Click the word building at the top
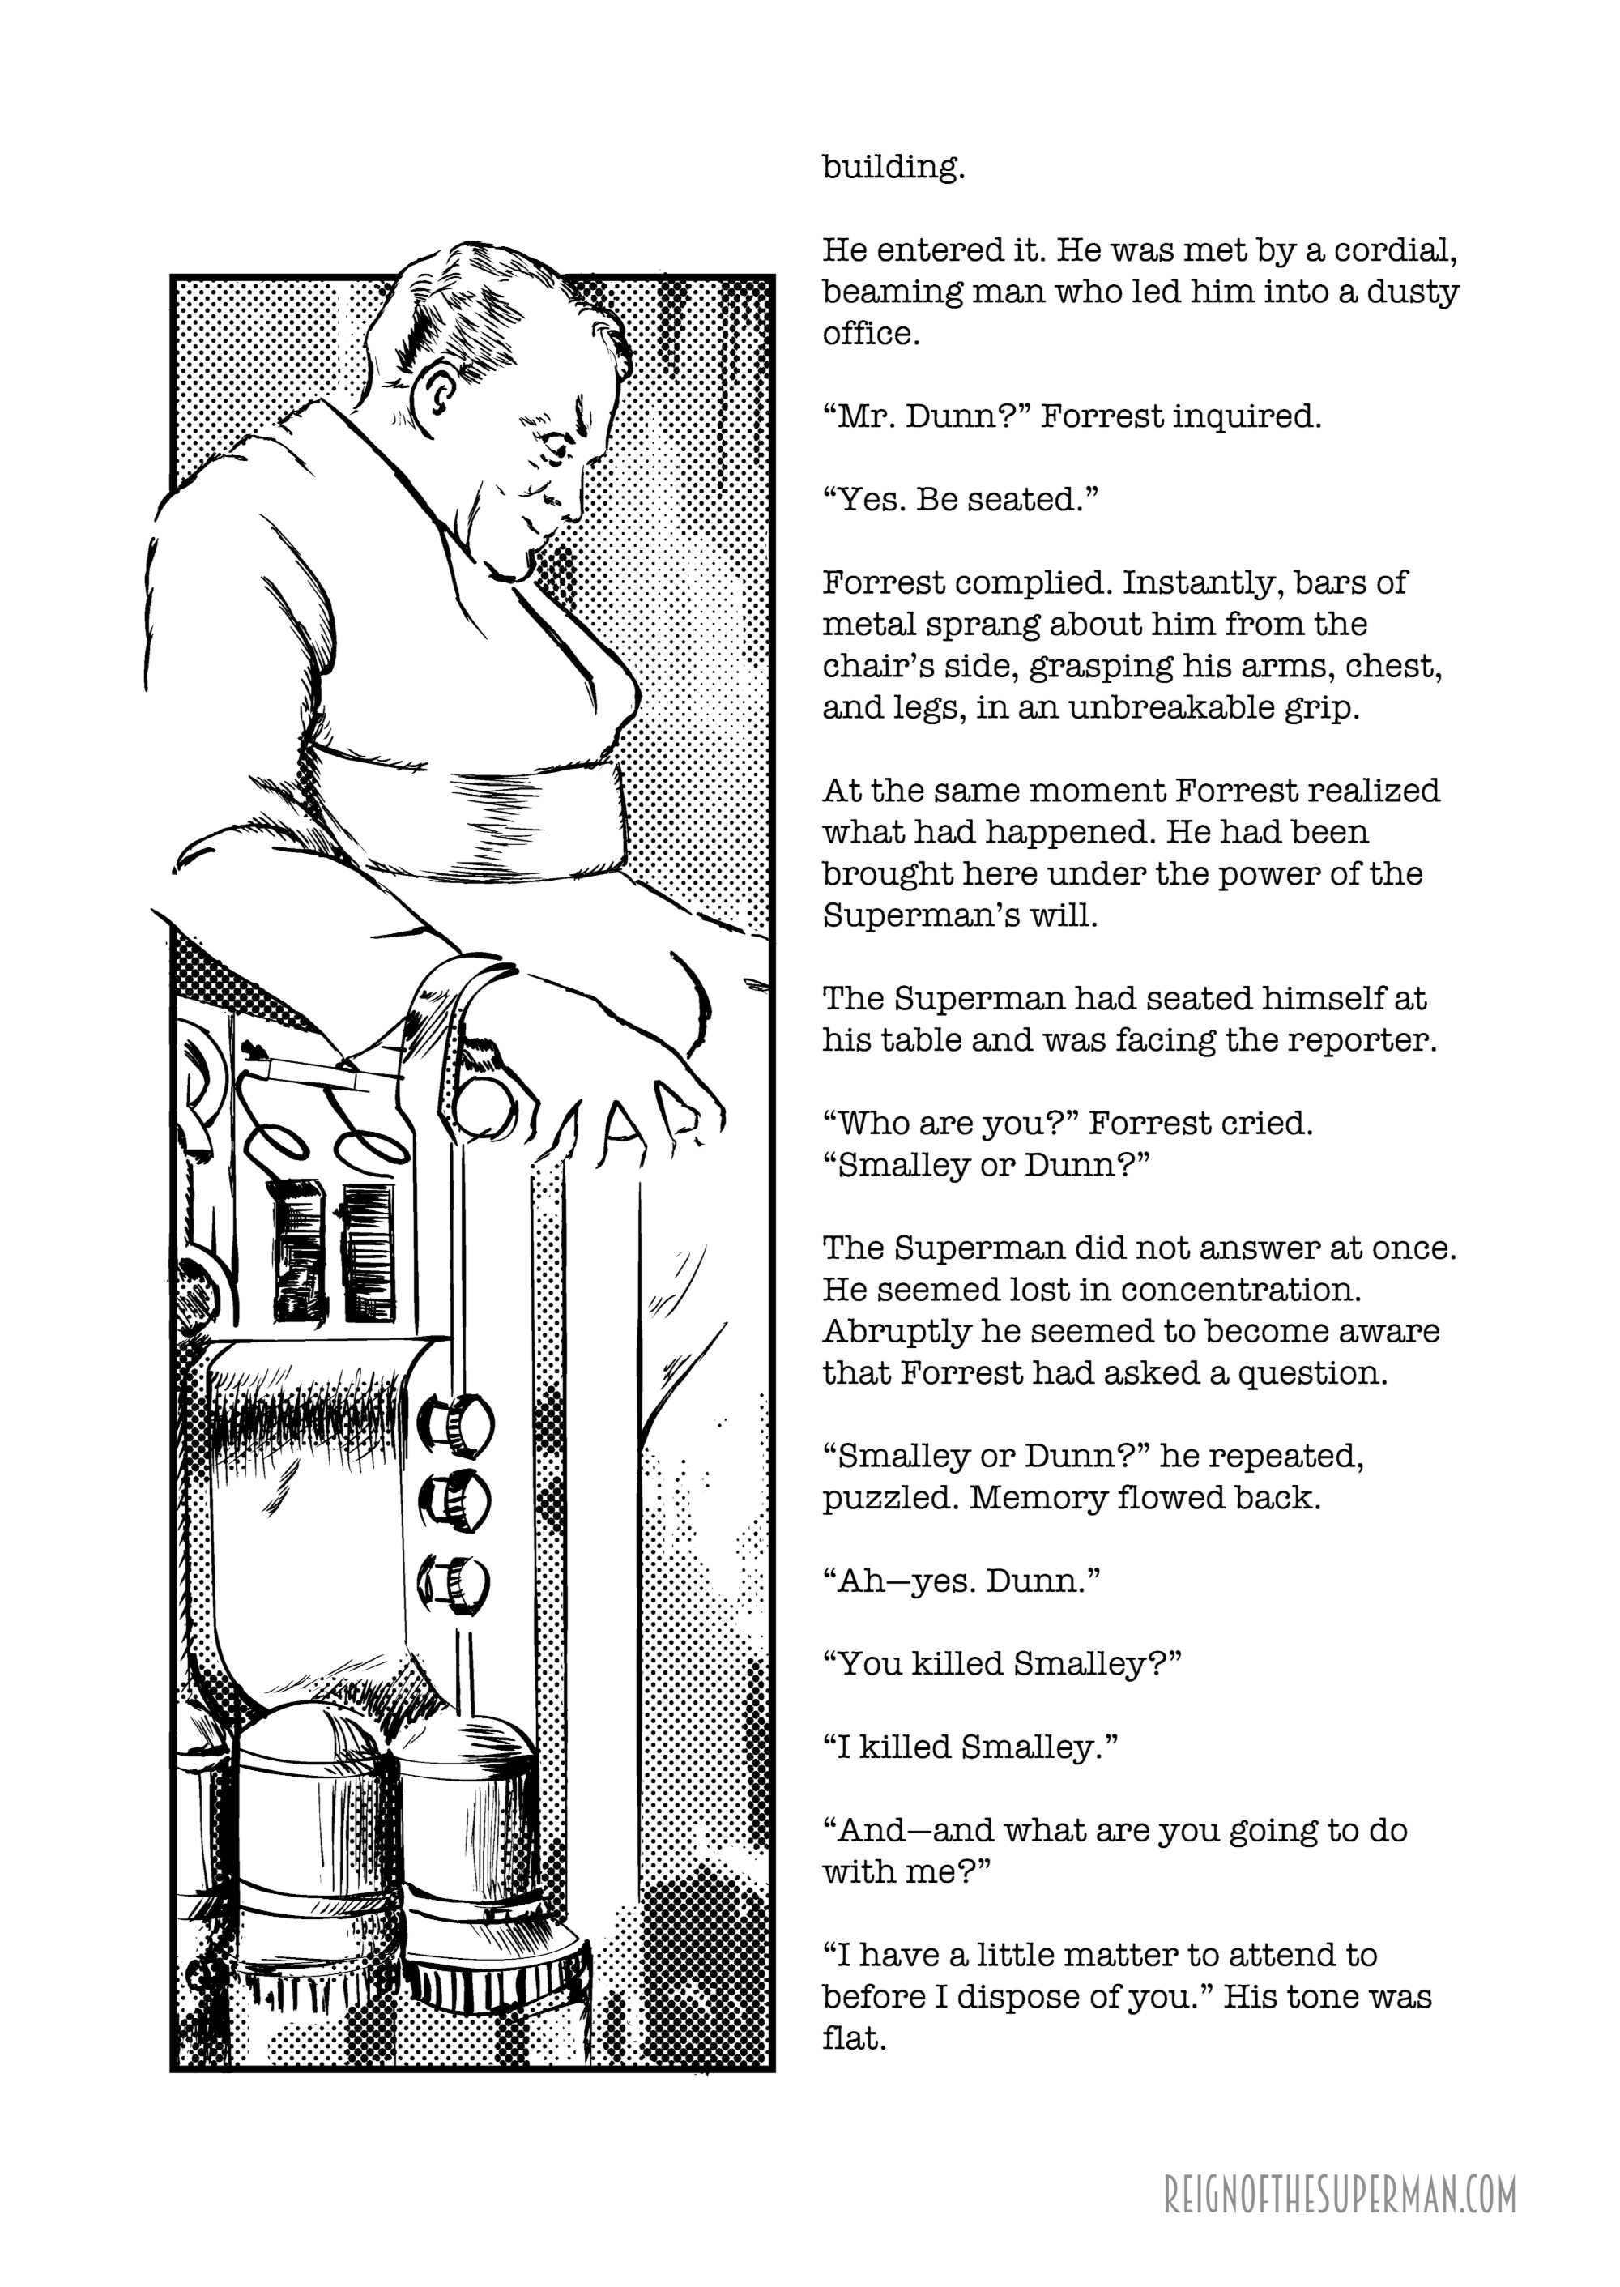(x=893, y=167)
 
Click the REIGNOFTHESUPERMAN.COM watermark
(x=1340, y=2167)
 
